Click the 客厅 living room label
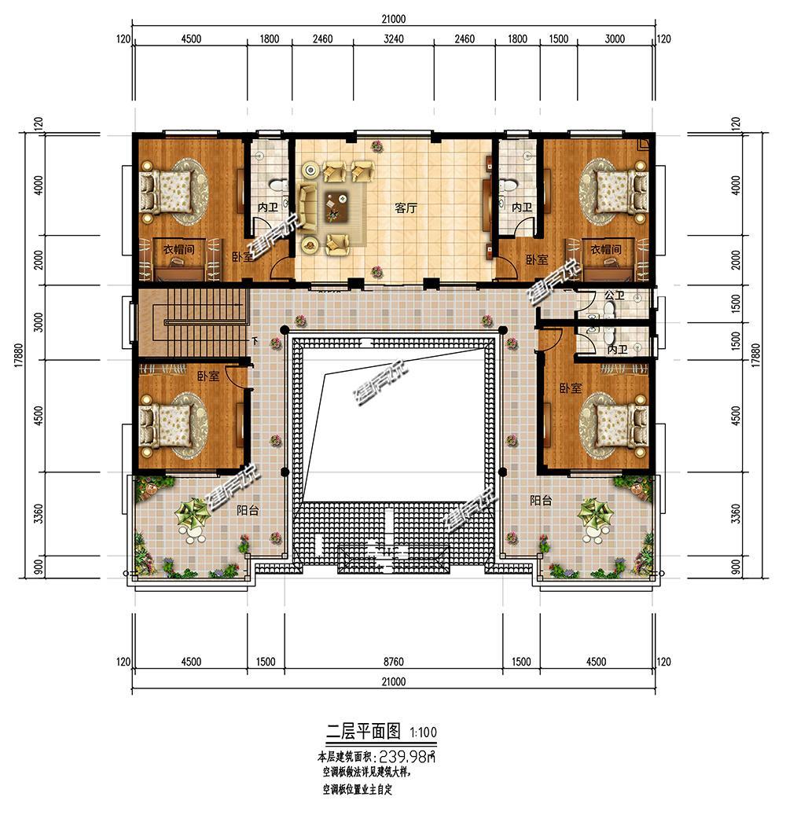pos(406,208)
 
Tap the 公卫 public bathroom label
pos(615,296)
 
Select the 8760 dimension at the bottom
pos(394,662)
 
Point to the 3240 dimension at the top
pos(394,39)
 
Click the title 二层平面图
pos(363,732)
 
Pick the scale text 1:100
pos(423,732)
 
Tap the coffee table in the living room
pos(337,206)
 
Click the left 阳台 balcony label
pos(248,510)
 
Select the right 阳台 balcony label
pos(541,501)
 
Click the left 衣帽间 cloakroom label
pos(179,249)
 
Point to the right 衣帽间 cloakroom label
pos(606,249)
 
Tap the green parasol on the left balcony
pos(193,513)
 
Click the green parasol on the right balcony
pos(596,513)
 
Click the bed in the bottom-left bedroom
pos(167,426)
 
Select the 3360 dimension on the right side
pos(736,513)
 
